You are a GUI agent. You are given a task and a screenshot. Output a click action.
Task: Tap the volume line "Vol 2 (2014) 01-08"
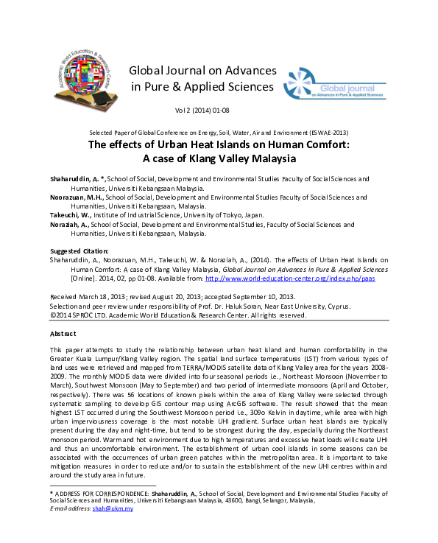click(201, 109)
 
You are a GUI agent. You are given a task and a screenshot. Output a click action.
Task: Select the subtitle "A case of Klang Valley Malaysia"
click(219, 158)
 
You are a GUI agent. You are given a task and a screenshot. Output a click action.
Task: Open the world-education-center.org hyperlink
click(272, 278)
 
